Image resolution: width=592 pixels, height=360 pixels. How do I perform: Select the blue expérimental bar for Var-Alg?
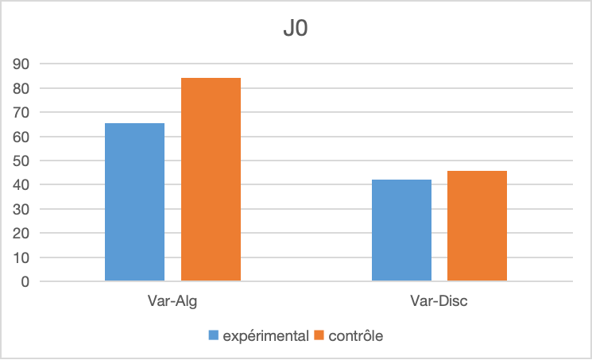(134, 202)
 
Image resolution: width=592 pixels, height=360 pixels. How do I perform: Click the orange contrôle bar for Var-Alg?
(211, 180)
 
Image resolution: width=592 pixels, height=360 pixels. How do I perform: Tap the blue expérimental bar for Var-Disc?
(401, 230)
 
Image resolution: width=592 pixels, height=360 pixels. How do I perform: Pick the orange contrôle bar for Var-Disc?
(477, 226)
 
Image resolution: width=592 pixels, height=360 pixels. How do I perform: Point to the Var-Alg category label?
(172, 302)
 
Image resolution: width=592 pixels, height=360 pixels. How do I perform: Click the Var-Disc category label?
(439, 302)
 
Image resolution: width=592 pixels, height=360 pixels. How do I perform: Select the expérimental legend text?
(265, 336)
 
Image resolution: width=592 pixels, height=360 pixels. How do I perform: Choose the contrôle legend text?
(356, 336)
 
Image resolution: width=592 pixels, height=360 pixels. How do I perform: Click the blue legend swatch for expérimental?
(214, 336)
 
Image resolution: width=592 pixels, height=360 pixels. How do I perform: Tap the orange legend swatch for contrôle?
(320, 336)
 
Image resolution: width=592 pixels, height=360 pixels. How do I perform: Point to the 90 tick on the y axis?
(22, 64)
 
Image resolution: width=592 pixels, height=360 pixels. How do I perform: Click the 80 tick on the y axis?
(22, 88)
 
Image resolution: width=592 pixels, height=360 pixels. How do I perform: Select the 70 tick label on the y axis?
(22, 112)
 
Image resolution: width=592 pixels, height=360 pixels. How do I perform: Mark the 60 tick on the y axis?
(22, 137)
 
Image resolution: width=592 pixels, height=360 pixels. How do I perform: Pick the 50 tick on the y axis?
(22, 161)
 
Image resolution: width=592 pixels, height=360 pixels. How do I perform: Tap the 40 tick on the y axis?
(22, 185)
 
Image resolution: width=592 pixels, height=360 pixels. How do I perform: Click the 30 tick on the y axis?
(22, 209)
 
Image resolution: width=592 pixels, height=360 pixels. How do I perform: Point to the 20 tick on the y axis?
(22, 234)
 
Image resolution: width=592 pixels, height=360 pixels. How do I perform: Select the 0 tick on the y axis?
(25, 282)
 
